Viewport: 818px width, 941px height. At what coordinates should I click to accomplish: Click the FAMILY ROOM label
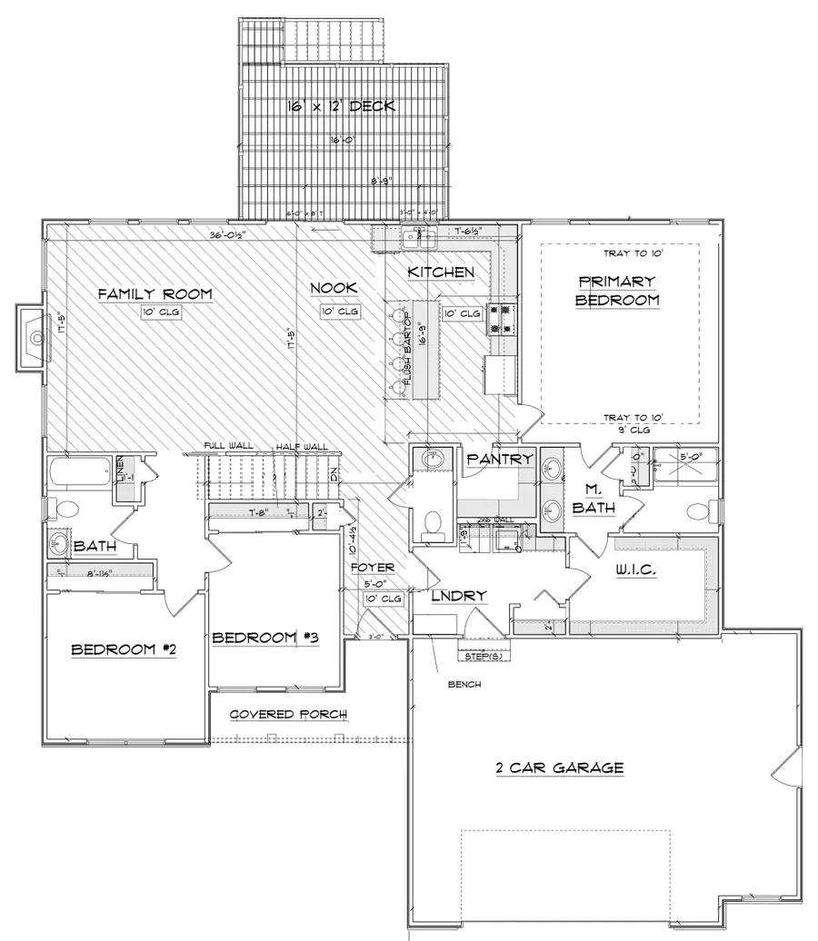155,293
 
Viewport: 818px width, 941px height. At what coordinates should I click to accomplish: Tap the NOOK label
333,288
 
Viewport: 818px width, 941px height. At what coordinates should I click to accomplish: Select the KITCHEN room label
440,272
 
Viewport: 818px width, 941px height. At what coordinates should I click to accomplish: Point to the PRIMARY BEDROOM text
618,291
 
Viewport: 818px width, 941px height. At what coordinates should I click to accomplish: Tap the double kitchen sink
420,238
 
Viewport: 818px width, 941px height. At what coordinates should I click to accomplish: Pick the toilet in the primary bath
697,510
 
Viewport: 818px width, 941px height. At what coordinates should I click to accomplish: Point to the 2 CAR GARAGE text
559,768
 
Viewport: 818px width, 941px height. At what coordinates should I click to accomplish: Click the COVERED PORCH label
287,715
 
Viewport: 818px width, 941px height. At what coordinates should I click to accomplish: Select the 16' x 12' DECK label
341,106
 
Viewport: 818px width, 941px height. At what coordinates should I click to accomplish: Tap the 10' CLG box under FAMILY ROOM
155,312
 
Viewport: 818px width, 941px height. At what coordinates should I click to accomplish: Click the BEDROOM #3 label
264,638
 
